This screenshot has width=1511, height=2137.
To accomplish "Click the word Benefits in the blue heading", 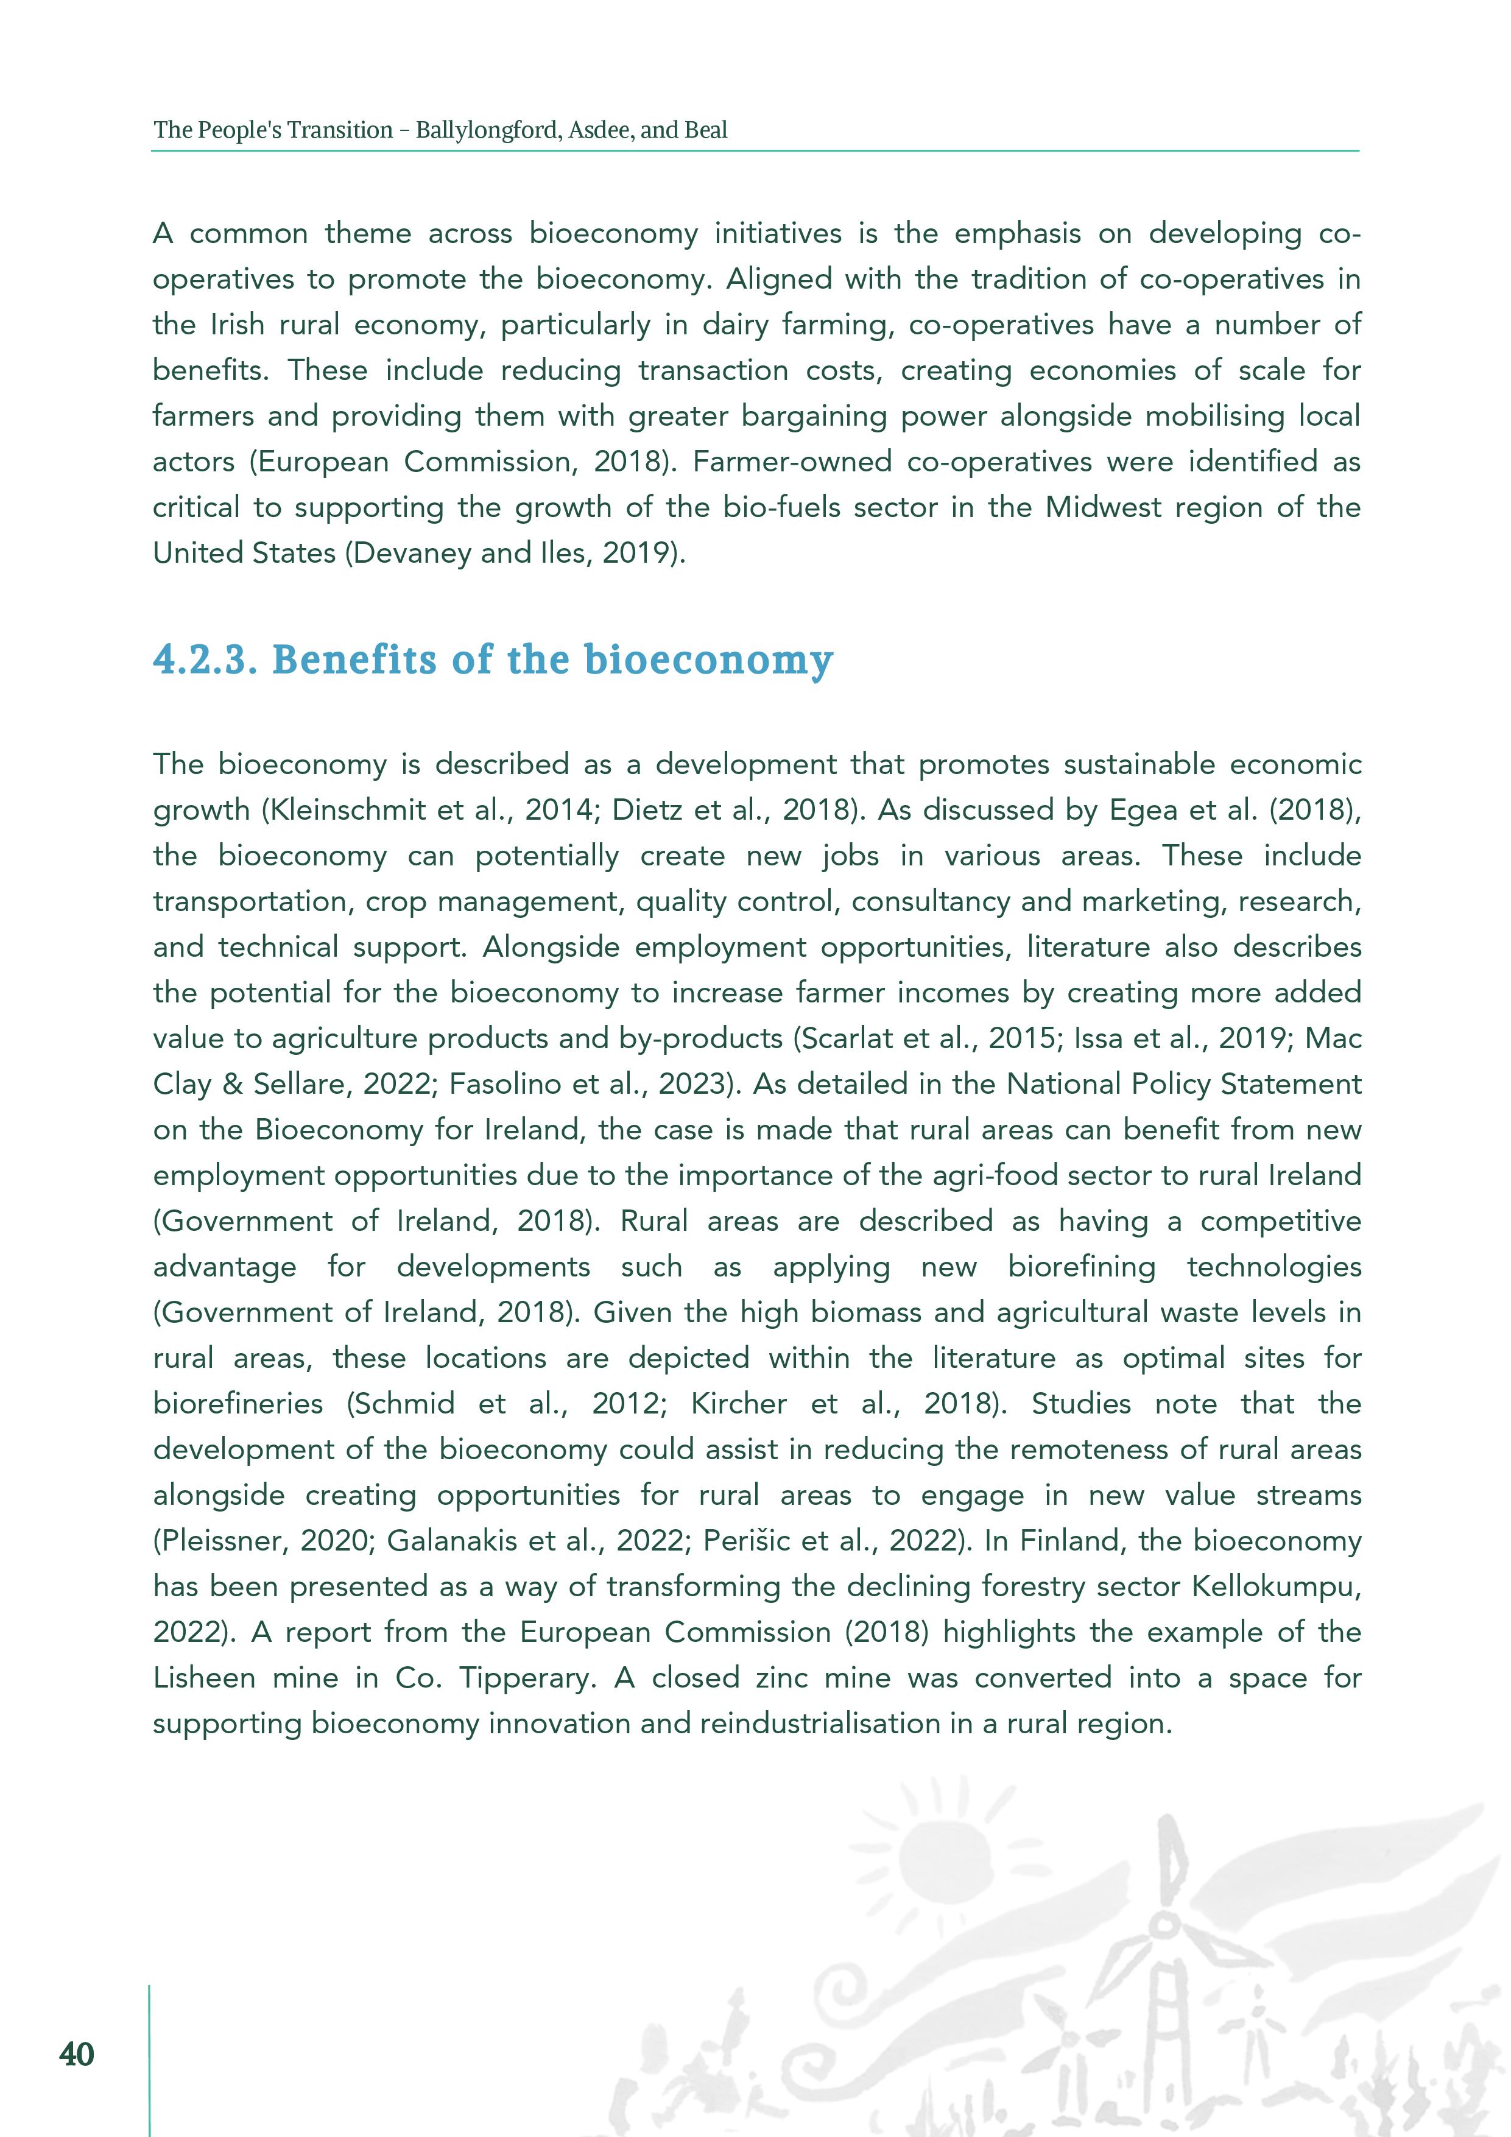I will (x=354, y=660).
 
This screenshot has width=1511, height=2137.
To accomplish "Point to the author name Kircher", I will (x=738, y=1404).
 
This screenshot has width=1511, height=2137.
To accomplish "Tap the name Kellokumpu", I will (x=1275, y=1586).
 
